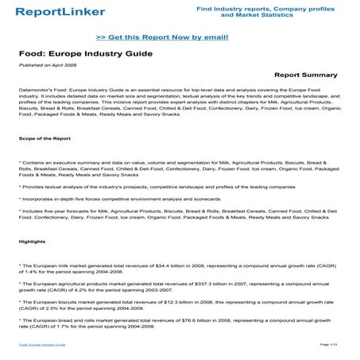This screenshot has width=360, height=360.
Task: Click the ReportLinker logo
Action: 49,12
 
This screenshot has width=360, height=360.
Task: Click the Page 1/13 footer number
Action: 329,343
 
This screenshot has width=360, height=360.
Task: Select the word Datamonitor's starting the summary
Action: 37,91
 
